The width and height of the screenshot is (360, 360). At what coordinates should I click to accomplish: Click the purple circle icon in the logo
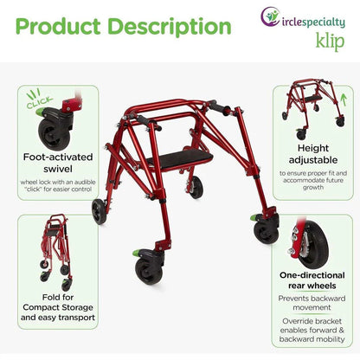pyautogui.click(x=269, y=16)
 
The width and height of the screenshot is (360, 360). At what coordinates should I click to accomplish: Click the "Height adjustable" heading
pyautogui.click(x=312, y=154)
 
